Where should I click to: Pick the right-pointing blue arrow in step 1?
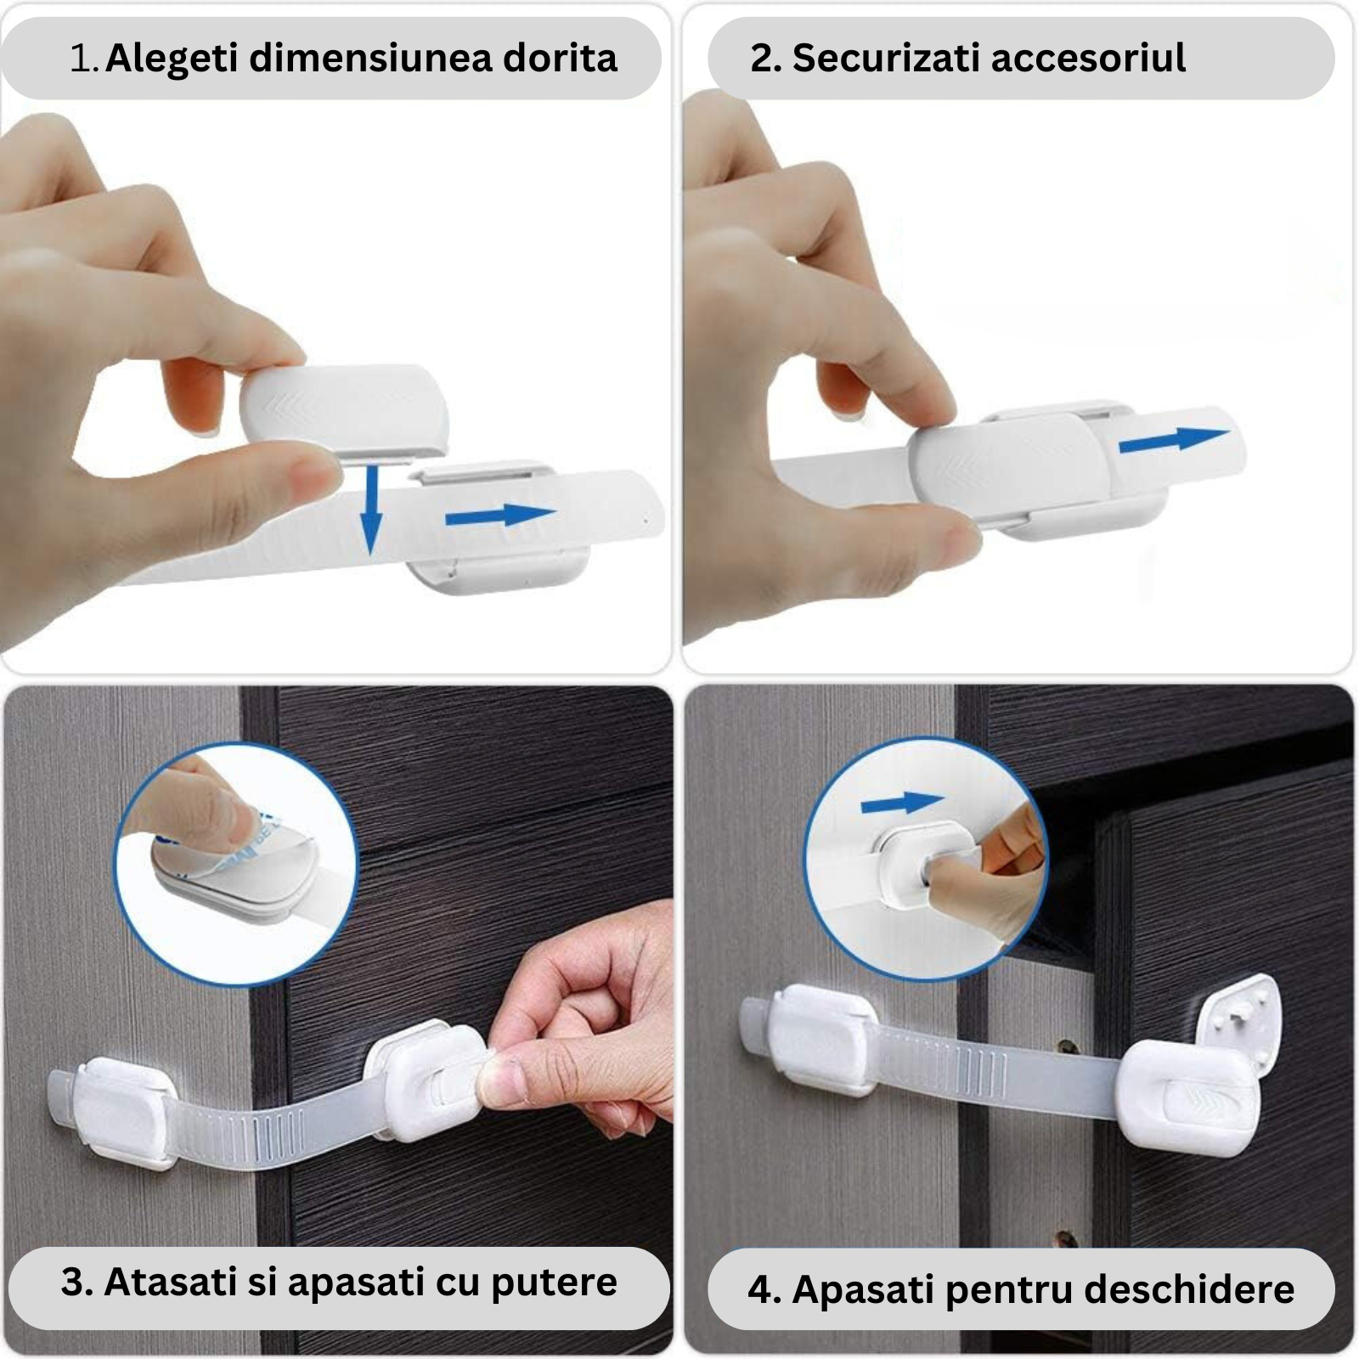pyautogui.click(x=500, y=516)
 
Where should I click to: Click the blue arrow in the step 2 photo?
pyautogui.click(x=1175, y=441)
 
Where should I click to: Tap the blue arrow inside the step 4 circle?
pyautogui.click(x=902, y=803)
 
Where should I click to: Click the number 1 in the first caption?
pyautogui.click(x=82, y=59)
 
